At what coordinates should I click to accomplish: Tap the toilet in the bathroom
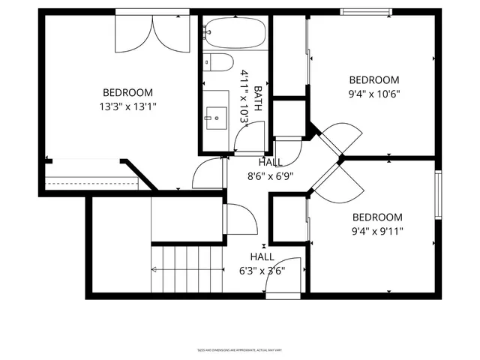coord(220,63)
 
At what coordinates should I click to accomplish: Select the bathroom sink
coord(217,117)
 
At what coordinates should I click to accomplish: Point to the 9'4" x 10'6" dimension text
coord(374,94)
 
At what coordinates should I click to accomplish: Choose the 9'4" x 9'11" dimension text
coord(378,231)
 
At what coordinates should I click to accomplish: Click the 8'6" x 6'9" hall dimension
coord(270,176)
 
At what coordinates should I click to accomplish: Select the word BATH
coord(258,97)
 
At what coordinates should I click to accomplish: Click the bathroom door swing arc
coord(247,136)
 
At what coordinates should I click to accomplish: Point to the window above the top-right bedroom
coord(367,12)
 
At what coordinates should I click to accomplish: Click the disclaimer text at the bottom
coord(239,349)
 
